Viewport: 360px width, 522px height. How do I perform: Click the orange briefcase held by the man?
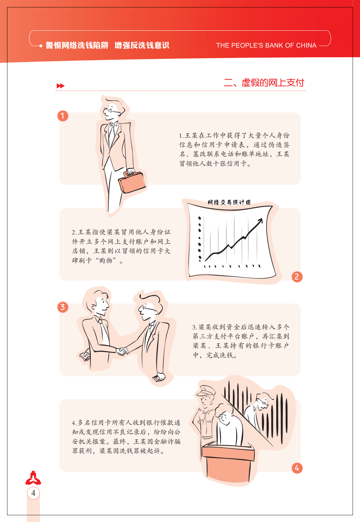click(132, 182)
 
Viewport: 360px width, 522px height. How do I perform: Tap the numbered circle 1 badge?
click(63, 116)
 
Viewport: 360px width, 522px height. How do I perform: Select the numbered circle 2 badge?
click(297, 277)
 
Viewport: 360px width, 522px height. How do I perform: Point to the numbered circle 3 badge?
click(63, 307)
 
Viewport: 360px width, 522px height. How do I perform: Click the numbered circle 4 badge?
click(297, 468)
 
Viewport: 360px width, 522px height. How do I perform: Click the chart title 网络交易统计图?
click(229, 202)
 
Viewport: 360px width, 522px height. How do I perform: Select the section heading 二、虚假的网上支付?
click(264, 83)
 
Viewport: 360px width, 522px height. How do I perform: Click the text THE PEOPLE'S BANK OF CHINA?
click(266, 45)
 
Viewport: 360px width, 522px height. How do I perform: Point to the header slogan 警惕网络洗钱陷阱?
click(77, 45)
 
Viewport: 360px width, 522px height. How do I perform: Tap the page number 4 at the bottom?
click(33, 493)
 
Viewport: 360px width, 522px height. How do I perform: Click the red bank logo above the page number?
click(33, 478)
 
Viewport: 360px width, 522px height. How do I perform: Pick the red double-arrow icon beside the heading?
click(60, 86)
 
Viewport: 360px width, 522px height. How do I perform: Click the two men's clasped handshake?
click(121, 351)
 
